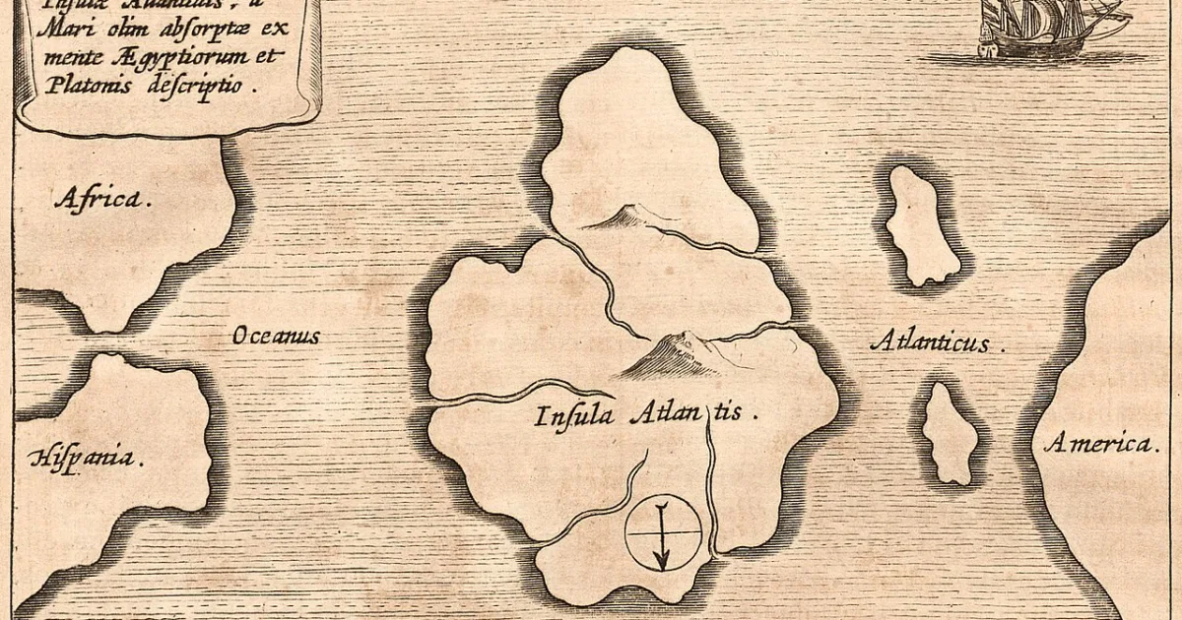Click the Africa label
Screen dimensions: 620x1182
point(102,199)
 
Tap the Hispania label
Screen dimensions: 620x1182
point(87,457)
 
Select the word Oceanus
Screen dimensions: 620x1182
point(276,337)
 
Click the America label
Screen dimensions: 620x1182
point(1101,444)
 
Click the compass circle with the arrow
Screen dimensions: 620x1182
point(664,532)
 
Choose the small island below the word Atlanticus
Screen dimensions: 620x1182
point(950,433)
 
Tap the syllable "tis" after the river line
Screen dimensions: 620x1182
point(734,413)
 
